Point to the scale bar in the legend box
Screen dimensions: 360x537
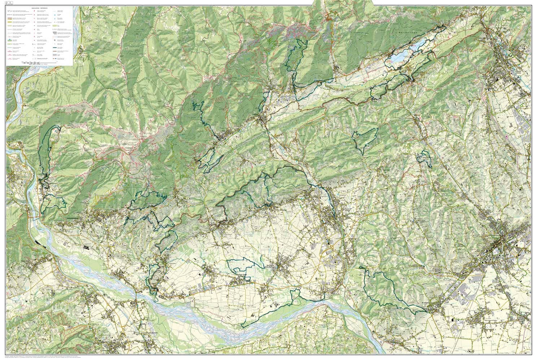(40, 63)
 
